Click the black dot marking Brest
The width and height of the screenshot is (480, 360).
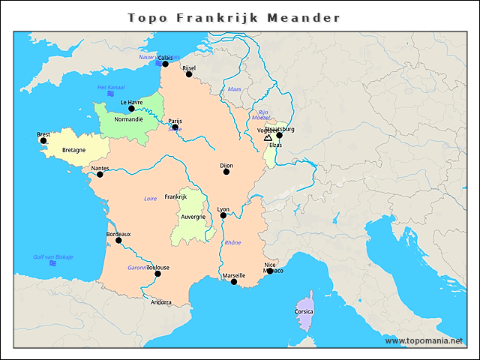click(43, 140)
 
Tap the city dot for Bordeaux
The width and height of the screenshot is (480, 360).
click(118, 240)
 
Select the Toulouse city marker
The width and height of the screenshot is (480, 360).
click(157, 274)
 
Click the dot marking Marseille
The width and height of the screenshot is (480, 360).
click(234, 282)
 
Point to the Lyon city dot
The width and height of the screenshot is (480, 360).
click(223, 216)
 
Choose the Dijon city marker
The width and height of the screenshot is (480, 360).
click(226, 172)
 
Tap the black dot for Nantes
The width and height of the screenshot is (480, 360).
click(100, 175)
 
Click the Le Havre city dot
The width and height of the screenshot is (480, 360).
click(131, 109)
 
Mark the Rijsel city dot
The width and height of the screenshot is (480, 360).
click(189, 74)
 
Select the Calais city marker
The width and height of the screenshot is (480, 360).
click(165, 64)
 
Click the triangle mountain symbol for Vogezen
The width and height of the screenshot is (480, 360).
click(268, 137)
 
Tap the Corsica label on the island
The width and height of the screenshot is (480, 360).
click(304, 311)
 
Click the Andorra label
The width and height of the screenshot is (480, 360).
click(161, 302)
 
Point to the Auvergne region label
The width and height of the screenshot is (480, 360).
click(193, 217)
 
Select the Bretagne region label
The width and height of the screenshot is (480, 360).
click(73, 150)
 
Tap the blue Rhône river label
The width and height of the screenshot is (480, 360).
click(232, 242)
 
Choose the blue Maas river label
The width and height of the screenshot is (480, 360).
click(234, 89)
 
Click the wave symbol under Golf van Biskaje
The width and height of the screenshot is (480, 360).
click(52, 264)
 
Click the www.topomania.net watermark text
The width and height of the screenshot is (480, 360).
click(424, 340)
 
